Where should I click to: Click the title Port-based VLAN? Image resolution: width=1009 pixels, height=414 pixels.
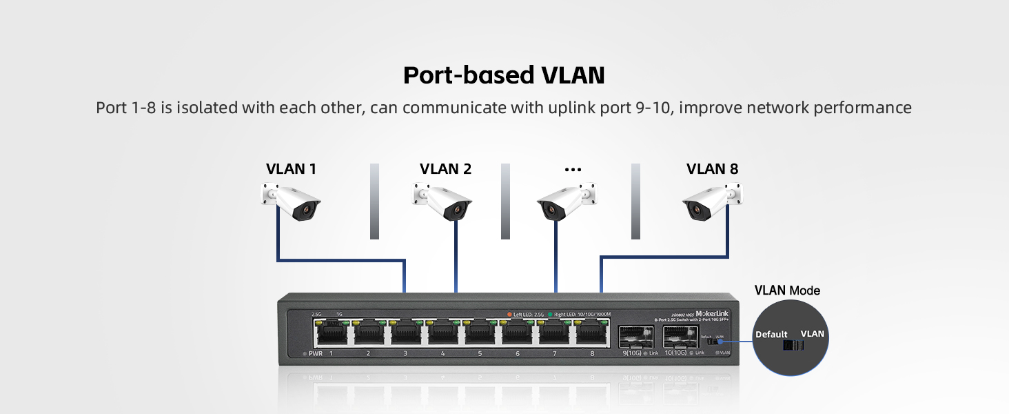(504, 75)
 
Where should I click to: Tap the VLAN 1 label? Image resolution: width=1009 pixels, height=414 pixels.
(291, 169)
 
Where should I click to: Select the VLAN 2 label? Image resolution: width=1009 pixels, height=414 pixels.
(445, 169)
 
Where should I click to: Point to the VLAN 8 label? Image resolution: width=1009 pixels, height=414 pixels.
(712, 169)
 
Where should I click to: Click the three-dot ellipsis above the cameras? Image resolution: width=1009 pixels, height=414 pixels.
(573, 170)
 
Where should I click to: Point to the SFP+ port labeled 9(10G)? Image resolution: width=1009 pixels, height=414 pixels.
(635, 337)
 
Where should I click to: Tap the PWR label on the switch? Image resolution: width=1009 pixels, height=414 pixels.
(316, 353)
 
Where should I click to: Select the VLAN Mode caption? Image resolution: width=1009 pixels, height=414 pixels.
(787, 290)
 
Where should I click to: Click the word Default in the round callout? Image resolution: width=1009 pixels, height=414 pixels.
(771, 335)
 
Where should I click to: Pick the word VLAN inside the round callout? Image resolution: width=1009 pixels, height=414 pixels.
(812, 334)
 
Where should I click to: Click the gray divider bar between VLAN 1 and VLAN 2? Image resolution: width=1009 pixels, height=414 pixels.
(374, 201)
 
